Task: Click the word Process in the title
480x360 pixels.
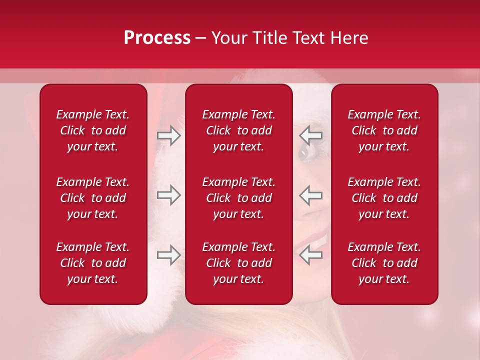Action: (157, 38)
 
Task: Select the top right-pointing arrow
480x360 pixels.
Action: (169, 136)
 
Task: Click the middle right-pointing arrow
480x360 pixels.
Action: (169, 195)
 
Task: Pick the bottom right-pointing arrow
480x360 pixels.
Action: (169, 255)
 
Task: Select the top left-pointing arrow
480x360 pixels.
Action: (311, 136)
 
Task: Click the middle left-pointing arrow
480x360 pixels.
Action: (311, 195)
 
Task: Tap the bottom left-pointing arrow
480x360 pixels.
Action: (311, 255)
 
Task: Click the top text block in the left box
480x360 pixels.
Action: (93, 130)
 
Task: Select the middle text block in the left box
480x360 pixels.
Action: (93, 198)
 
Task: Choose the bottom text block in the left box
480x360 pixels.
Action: (93, 263)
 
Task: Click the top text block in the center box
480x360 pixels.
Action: (238, 130)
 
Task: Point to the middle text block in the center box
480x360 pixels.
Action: (238, 198)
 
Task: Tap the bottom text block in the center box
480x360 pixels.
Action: (238, 263)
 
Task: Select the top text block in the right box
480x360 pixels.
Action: (384, 130)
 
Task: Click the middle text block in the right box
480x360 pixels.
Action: (384, 198)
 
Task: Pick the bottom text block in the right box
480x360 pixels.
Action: (384, 263)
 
